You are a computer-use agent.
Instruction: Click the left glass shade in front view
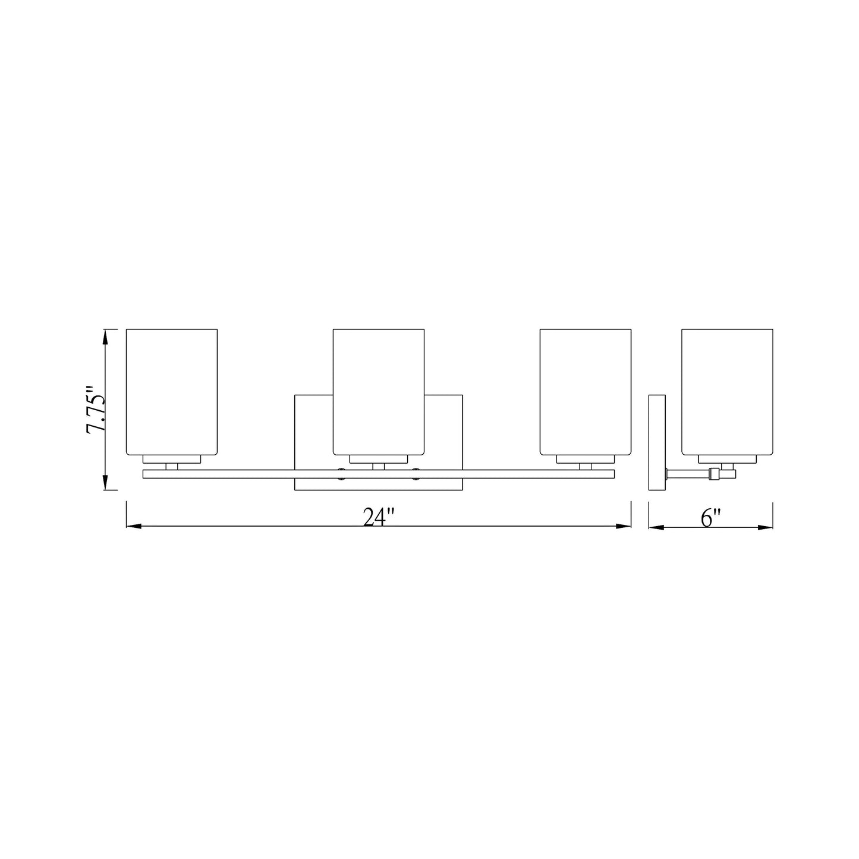click(172, 391)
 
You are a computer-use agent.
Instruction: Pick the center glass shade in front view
click(379, 391)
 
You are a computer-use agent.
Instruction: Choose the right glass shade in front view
click(585, 391)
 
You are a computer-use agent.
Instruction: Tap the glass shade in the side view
click(727, 391)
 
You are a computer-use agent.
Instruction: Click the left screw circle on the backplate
click(342, 474)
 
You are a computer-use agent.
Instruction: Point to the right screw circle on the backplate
click(416, 474)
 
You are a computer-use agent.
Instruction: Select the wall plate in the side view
click(656, 442)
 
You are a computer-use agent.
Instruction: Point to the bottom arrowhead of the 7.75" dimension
click(106, 482)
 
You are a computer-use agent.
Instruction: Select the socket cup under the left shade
click(172, 459)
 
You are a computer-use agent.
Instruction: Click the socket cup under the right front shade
click(585, 459)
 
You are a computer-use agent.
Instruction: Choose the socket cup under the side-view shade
click(727, 459)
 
